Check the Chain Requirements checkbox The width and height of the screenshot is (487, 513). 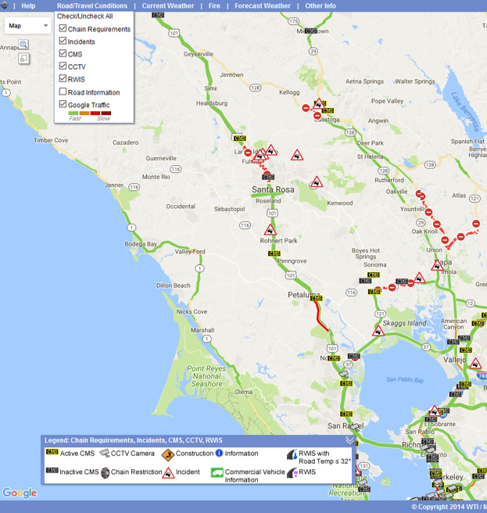[x=63, y=29]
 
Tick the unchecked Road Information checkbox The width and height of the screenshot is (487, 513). [x=63, y=92]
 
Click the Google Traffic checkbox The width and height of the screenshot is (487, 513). [x=63, y=105]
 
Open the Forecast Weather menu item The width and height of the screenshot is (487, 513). [x=262, y=5]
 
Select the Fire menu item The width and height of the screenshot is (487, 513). [x=214, y=5]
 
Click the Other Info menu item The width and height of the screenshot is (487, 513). [x=320, y=5]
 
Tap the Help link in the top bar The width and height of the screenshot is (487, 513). [x=28, y=5]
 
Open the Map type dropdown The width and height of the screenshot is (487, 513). [x=27, y=26]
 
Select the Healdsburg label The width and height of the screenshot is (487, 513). [x=216, y=103]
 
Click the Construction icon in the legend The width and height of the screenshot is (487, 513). [x=167, y=454]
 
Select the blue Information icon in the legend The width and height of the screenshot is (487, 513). [x=219, y=454]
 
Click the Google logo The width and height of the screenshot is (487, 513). [x=20, y=493]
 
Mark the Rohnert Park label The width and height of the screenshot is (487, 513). [x=280, y=240]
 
